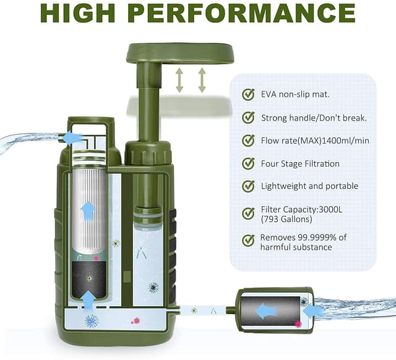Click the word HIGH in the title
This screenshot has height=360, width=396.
click(x=77, y=14)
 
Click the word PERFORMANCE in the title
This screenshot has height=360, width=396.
click(x=242, y=14)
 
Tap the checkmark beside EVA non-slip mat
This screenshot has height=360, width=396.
click(x=248, y=95)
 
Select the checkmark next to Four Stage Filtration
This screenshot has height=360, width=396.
click(x=248, y=163)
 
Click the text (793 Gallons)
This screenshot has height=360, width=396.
click(x=286, y=219)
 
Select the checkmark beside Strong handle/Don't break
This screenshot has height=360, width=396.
click(x=248, y=118)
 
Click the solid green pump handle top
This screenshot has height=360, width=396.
click(x=180, y=53)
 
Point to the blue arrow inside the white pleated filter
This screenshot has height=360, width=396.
click(x=88, y=212)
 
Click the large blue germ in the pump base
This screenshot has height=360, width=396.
click(x=92, y=321)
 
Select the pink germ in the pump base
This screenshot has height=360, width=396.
click(x=136, y=321)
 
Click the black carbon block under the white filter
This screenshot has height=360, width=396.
click(x=88, y=279)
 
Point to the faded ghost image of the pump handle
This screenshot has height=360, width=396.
click(x=180, y=105)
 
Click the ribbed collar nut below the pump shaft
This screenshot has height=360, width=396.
click(x=148, y=153)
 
